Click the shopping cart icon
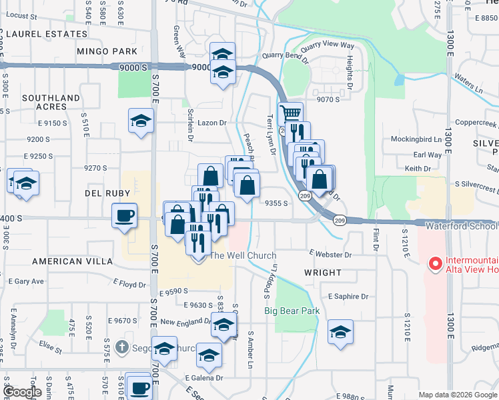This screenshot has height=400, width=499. pyautogui.click(x=290, y=113)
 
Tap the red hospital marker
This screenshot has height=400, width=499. pyautogui.click(x=436, y=264)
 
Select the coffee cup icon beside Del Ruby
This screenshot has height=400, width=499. pyautogui.click(x=125, y=215)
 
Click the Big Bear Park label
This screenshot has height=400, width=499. pyautogui.click(x=292, y=311)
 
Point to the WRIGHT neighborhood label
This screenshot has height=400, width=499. pyautogui.click(x=323, y=273)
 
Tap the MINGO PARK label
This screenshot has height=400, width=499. pyautogui.click(x=107, y=51)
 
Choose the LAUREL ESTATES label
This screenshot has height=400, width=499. pyautogui.click(x=39, y=33)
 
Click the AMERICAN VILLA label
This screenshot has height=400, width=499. pyautogui.click(x=73, y=261)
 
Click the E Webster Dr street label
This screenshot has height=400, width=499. pyautogui.click(x=330, y=254)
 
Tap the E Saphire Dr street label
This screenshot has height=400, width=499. pyautogui.click(x=348, y=296)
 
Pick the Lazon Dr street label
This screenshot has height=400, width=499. pyautogui.click(x=213, y=123)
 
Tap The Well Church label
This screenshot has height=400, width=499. pyautogui.click(x=243, y=255)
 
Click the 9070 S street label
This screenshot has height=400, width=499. pyautogui.click(x=329, y=99)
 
